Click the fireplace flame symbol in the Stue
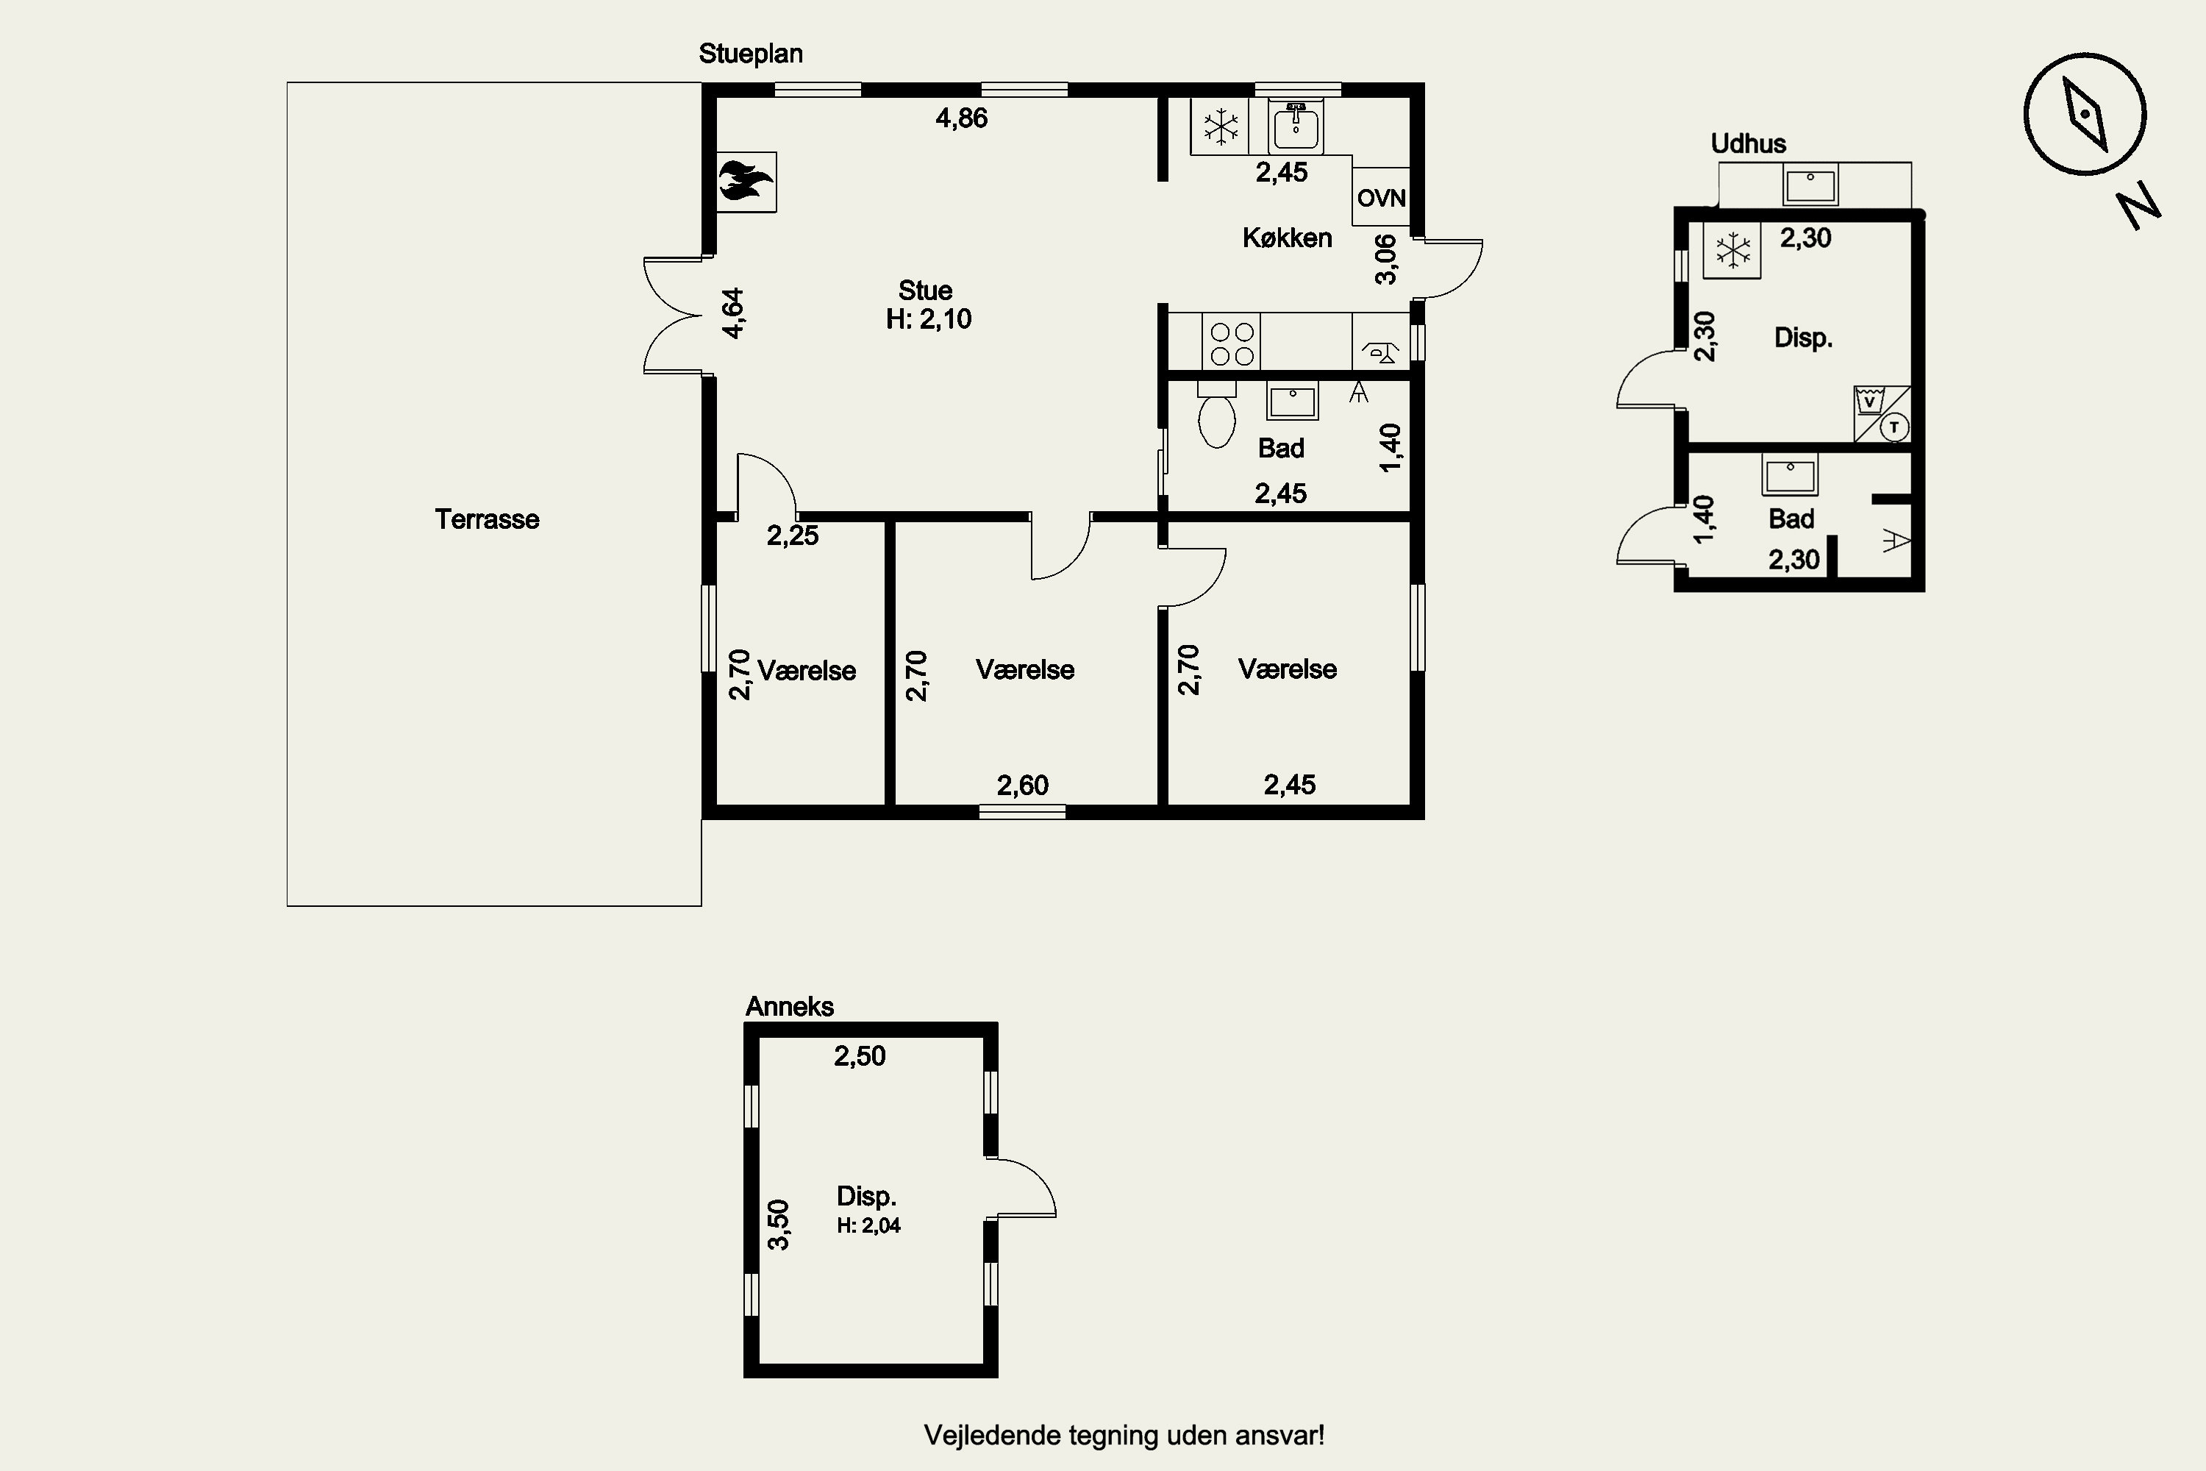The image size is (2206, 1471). click(x=746, y=181)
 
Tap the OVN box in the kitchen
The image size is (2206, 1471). click(x=1381, y=197)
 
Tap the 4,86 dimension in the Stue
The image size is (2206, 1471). click(x=961, y=118)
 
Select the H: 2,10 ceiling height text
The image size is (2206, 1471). click(x=929, y=319)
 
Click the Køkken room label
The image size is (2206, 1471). click(x=1287, y=238)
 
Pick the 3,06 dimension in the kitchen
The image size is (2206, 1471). click(x=1385, y=259)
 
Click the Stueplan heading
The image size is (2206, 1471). click(x=750, y=54)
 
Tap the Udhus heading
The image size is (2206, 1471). click(x=1749, y=143)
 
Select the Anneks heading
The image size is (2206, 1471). click(x=790, y=1007)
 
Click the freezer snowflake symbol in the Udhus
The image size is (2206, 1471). click(x=1733, y=251)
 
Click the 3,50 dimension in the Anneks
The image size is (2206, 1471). click(x=779, y=1225)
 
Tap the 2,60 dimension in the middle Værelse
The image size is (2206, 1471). click(x=1022, y=786)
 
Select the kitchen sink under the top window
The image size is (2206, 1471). click(x=1296, y=126)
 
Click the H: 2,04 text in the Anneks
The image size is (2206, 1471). click(x=868, y=1225)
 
